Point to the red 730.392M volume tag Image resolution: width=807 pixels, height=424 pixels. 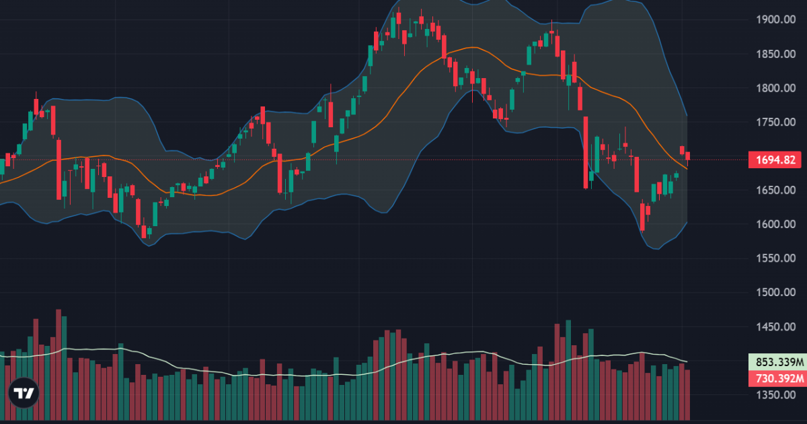[x=776, y=379]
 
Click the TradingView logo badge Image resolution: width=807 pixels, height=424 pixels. [x=24, y=394]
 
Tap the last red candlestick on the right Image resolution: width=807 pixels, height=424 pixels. [x=687, y=156]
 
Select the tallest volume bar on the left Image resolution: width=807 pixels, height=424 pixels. [x=59, y=363]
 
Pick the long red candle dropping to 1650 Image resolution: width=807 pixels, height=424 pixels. [x=586, y=152]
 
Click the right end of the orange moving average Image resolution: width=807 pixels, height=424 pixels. [x=687, y=168]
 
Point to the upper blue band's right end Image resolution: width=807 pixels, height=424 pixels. [x=687, y=116]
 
